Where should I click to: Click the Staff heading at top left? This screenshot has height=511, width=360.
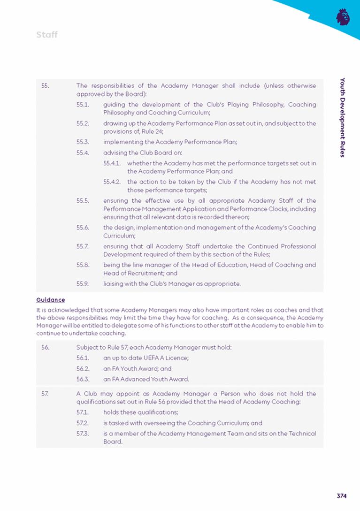point(47,35)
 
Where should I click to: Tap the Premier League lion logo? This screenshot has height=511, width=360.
point(343,17)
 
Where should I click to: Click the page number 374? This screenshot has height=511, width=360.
point(341,496)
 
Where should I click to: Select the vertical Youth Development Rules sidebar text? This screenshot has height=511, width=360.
point(343,117)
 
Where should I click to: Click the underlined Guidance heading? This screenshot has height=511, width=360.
point(51,299)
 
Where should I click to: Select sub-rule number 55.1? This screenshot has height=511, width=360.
point(83,105)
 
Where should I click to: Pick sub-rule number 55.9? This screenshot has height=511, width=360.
point(83,283)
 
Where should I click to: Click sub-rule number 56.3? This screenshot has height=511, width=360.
point(83,379)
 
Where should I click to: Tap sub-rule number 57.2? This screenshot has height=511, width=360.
point(83,423)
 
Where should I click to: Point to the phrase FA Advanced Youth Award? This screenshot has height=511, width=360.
point(155,379)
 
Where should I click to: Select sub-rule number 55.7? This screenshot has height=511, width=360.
point(83,246)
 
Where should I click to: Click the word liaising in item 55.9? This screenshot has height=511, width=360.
point(115,283)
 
